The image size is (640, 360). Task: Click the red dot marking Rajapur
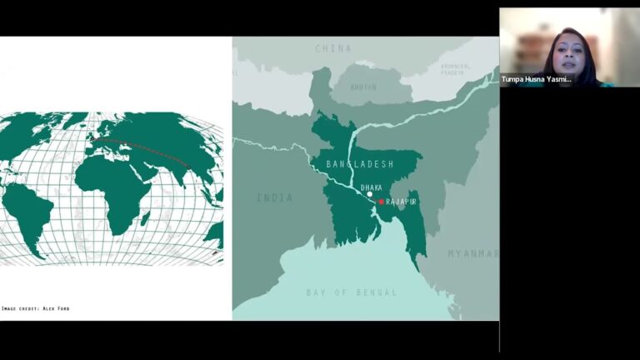coord(382,202)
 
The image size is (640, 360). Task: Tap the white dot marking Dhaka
coord(370,194)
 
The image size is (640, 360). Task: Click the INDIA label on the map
coord(274,197)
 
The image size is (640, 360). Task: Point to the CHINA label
coord(333,48)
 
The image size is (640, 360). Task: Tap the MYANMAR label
coord(472,253)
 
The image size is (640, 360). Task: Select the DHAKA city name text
coord(372,187)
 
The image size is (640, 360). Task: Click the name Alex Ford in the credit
coord(56,308)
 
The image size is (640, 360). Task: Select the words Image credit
coord(20,308)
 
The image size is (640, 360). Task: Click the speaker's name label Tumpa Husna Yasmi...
coord(537,79)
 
